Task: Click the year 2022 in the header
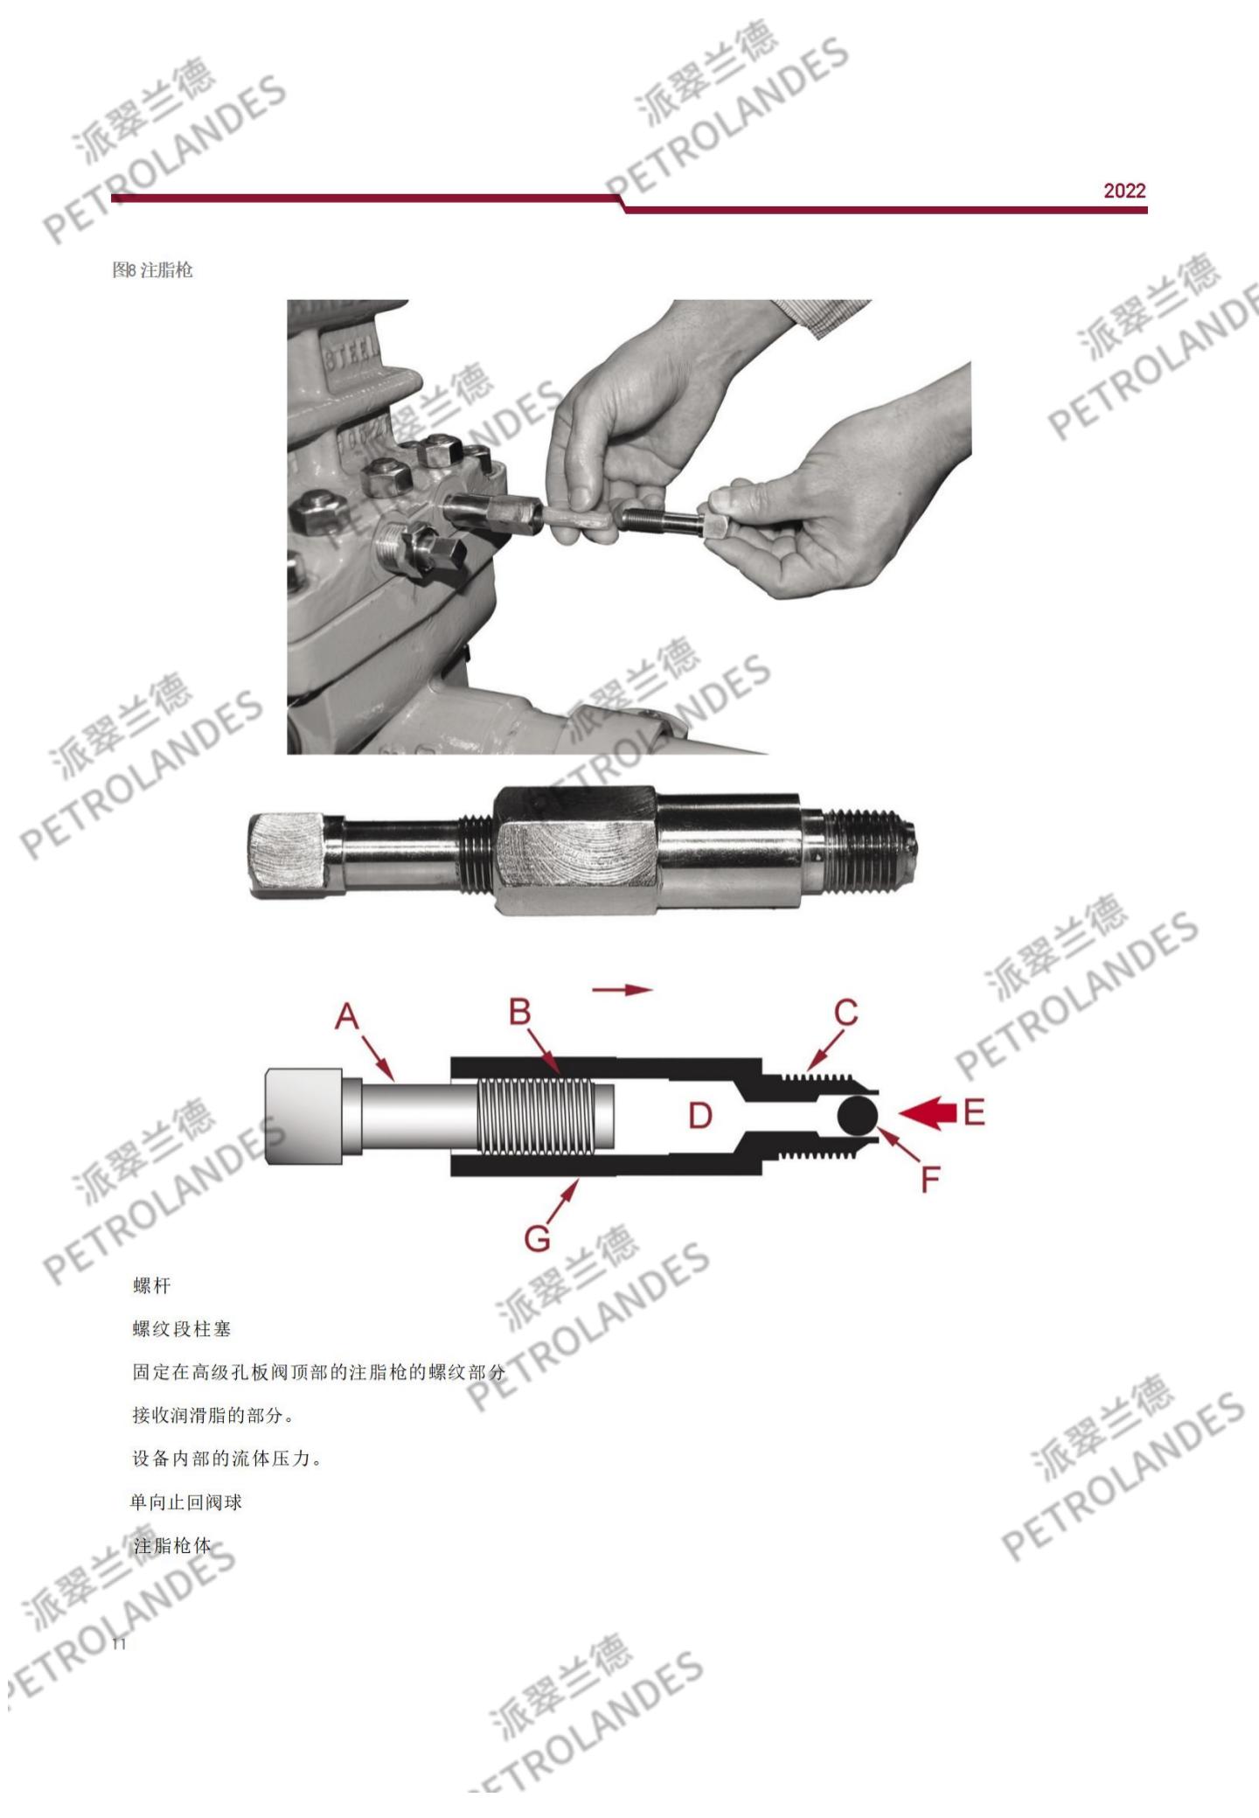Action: [1124, 191]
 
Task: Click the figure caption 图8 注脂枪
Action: [152, 270]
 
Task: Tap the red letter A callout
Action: [347, 1017]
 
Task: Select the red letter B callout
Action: [520, 1012]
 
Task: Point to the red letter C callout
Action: [845, 1013]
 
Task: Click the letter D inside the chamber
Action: [700, 1115]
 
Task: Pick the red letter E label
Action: [974, 1112]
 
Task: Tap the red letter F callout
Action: [930, 1179]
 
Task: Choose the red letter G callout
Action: [538, 1238]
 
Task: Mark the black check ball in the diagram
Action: [857, 1115]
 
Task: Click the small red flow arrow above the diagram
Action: [623, 990]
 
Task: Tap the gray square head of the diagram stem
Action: [303, 1116]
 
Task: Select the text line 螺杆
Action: [152, 1285]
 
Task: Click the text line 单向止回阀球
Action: [186, 1502]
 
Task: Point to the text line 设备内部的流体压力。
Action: [227, 1459]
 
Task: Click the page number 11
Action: [119, 1644]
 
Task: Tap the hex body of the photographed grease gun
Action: [575, 850]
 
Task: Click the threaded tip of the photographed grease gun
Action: [867, 851]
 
